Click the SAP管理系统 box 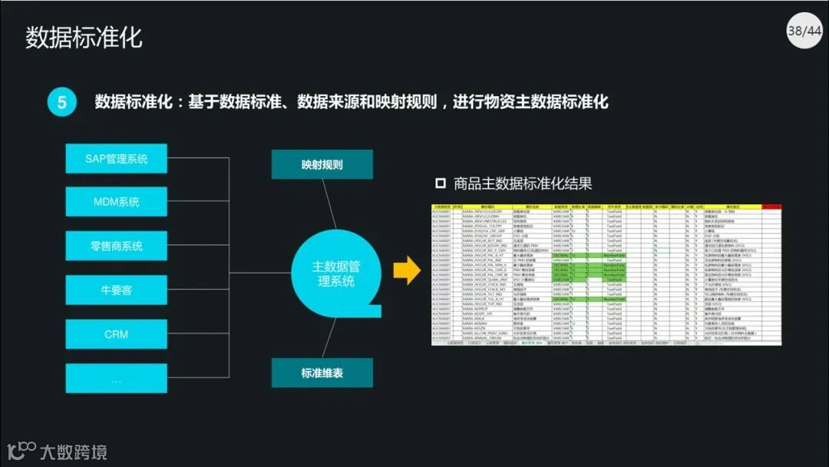[116, 159]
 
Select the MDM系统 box [116, 202]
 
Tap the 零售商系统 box [116, 246]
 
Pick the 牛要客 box [116, 290]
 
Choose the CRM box [116, 334]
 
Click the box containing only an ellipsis [116, 379]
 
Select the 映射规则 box [322, 164]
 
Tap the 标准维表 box [322, 373]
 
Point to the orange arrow [407, 270]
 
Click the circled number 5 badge [62, 102]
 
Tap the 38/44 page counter [804, 31]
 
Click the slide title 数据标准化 [84, 37]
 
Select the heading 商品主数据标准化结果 [523, 184]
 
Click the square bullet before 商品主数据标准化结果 [441, 184]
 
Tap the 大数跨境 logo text [74, 452]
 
